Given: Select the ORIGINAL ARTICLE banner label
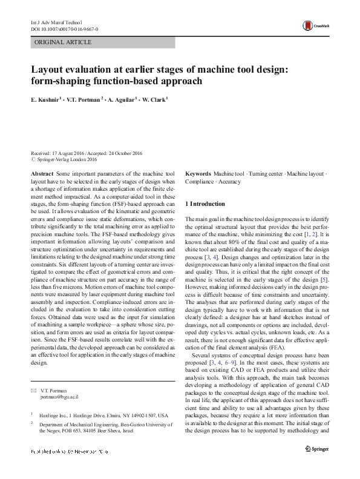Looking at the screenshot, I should pos(64,42).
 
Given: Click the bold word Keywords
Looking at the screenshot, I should pos(198,174).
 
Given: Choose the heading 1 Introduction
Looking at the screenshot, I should pos(206,204).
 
